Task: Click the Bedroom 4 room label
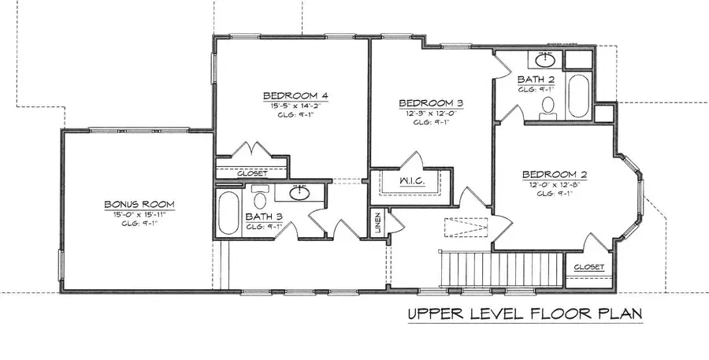[x=295, y=97]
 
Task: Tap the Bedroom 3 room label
[x=430, y=103]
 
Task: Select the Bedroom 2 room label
[x=555, y=175]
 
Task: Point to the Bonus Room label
[x=139, y=205]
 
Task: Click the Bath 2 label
[x=536, y=80]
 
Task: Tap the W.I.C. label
[x=413, y=181]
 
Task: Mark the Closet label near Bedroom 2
[x=588, y=268]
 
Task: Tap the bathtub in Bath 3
[x=228, y=213]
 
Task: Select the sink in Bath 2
[x=544, y=58]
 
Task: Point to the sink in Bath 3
[x=299, y=194]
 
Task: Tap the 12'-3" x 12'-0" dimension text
[x=430, y=113]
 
